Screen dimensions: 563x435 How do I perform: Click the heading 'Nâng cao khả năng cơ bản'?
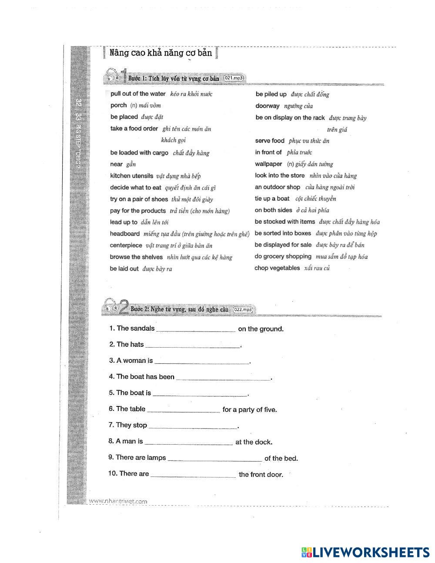(161, 53)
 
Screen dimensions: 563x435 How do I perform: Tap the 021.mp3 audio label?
(234, 78)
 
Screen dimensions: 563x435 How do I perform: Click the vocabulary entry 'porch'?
(118, 105)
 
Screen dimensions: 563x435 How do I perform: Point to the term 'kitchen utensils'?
(131, 176)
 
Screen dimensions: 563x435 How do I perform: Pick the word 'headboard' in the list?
(125, 234)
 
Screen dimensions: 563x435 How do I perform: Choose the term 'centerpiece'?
(126, 245)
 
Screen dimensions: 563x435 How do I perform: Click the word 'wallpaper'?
(268, 164)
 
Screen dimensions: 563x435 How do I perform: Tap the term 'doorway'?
(268, 106)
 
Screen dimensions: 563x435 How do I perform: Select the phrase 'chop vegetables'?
(277, 268)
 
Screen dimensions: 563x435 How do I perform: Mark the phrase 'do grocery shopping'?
(283, 256)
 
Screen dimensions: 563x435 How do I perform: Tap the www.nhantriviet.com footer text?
(118, 501)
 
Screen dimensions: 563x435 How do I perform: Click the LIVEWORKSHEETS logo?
(365, 552)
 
